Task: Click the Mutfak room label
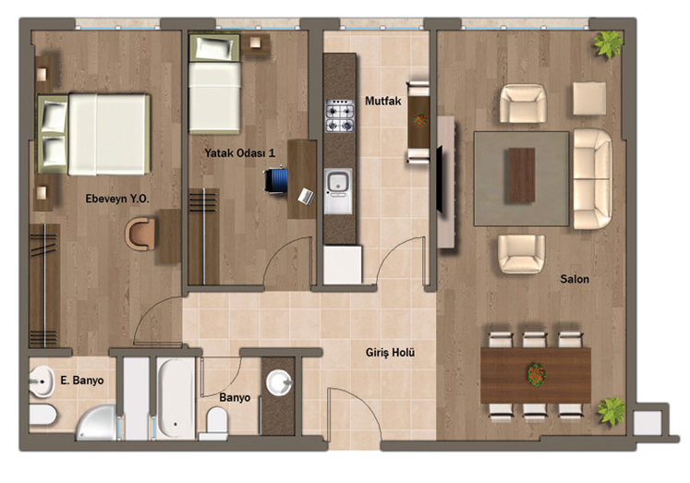[x=382, y=102]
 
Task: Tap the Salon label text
[x=575, y=279]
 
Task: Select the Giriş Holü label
[x=391, y=353]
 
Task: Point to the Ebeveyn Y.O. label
[x=117, y=199]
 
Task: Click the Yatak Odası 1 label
[x=240, y=153]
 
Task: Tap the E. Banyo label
[x=82, y=380]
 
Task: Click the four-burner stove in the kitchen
[x=339, y=116]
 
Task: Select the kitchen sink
[x=338, y=183]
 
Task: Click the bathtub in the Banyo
[x=176, y=398]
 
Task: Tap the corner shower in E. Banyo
[x=98, y=423]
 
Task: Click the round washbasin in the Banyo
[x=279, y=381]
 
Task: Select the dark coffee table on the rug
[x=522, y=175]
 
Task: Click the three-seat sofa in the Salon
[x=593, y=178]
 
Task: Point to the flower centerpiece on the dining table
[x=537, y=374]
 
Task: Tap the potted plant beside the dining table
[x=611, y=411]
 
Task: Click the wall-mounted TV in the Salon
[x=439, y=179]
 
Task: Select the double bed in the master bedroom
[x=93, y=134]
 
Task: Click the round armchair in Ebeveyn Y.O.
[x=139, y=234]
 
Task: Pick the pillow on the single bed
[x=214, y=48]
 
